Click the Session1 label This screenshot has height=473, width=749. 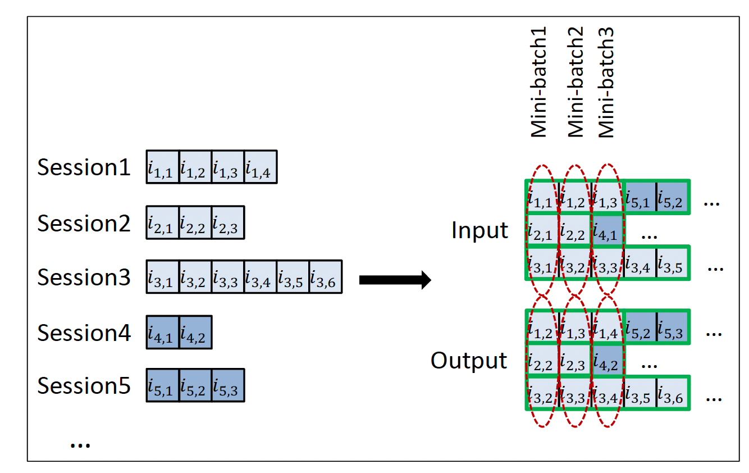(x=84, y=167)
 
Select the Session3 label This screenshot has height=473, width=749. (x=84, y=278)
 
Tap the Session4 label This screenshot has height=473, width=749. (x=84, y=333)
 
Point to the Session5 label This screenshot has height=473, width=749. (x=84, y=386)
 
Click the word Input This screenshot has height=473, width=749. (x=479, y=231)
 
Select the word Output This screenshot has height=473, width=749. (x=469, y=361)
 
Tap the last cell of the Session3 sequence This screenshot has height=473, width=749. (x=326, y=277)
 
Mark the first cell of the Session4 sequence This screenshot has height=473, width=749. (x=163, y=332)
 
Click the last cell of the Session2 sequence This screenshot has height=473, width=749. (x=228, y=222)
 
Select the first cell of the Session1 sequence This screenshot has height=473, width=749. (x=163, y=167)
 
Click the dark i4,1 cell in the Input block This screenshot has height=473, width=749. (x=608, y=230)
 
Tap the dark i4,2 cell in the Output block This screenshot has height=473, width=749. (x=608, y=360)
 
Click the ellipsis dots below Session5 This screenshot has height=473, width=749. (x=80, y=444)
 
